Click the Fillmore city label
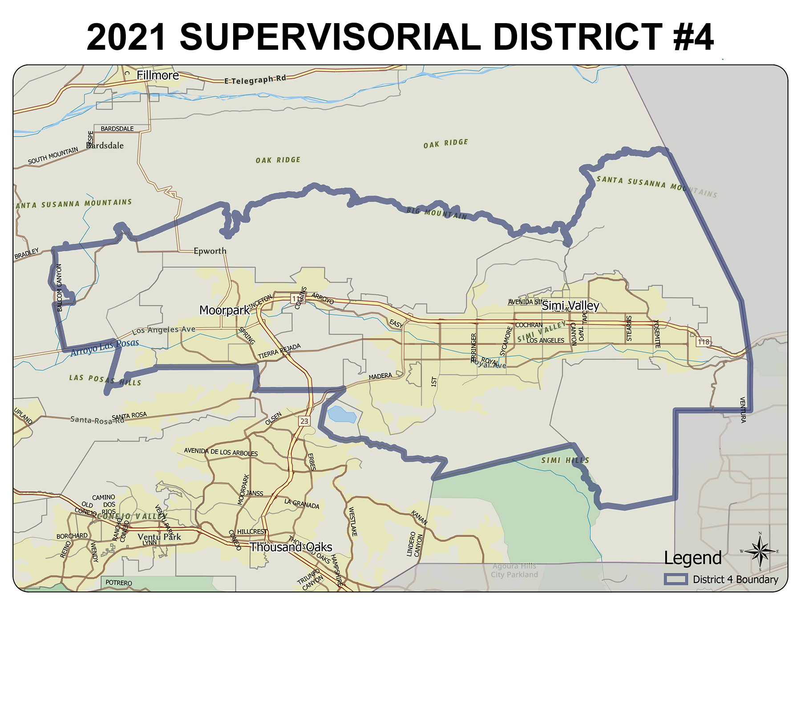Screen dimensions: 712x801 pyautogui.click(x=158, y=75)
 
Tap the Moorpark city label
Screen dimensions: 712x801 pyautogui.click(x=224, y=310)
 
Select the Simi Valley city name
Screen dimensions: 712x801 pyautogui.click(x=570, y=306)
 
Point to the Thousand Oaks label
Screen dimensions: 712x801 pyautogui.click(x=291, y=547)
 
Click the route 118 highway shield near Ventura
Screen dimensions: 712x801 pyautogui.click(x=703, y=342)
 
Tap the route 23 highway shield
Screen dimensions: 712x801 pyautogui.click(x=304, y=421)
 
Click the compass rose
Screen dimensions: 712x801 pyautogui.click(x=760, y=552)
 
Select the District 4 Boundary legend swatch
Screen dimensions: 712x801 pyautogui.click(x=676, y=579)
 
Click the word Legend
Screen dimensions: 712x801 pyautogui.click(x=692, y=558)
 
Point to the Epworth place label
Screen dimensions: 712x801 pyautogui.click(x=210, y=251)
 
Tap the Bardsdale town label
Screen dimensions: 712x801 pyautogui.click(x=105, y=146)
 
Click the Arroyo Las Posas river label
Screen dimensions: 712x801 pyautogui.click(x=105, y=348)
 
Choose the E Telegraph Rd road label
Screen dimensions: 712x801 pyautogui.click(x=255, y=80)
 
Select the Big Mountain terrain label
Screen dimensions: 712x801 pyautogui.click(x=437, y=213)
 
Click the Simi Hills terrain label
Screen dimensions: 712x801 pyautogui.click(x=565, y=460)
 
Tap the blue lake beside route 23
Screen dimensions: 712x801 pyautogui.click(x=342, y=414)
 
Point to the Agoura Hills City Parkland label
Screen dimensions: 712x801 pyautogui.click(x=514, y=570)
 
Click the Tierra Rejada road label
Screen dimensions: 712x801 pyautogui.click(x=279, y=352)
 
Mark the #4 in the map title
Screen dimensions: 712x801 pyautogui.click(x=693, y=37)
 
